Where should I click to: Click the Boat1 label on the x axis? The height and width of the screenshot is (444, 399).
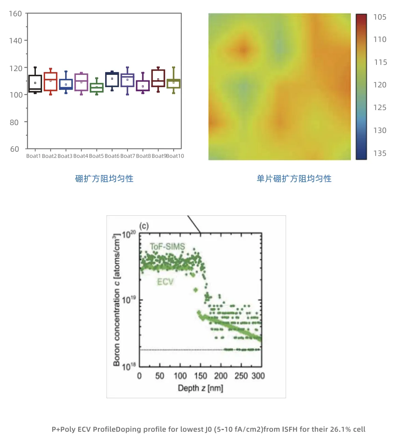coord(33,156)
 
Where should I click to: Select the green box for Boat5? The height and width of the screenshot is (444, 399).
coord(97,88)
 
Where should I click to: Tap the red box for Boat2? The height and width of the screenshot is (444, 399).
coord(51,82)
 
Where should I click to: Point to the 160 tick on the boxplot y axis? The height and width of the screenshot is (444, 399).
coord(15,14)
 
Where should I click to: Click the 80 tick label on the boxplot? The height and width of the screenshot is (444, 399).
coord(14,122)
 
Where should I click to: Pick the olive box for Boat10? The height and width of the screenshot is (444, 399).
coord(173,83)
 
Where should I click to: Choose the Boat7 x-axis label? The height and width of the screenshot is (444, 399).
coord(128,156)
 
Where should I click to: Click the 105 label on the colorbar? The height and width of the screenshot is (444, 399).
coord(380,17)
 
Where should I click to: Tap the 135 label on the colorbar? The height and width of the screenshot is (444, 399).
coord(380,153)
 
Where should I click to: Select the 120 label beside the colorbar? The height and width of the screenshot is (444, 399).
coord(380,85)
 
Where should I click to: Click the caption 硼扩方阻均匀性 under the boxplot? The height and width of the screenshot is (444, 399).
coord(104,179)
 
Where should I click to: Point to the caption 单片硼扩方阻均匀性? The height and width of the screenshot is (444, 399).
coord(294,179)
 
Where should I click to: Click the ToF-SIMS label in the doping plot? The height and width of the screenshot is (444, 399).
coord(168,246)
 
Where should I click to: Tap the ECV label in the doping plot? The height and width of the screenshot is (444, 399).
coord(165,282)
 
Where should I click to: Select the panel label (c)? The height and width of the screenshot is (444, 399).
coord(144,226)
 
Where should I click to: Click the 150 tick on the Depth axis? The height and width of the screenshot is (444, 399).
coord(201,376)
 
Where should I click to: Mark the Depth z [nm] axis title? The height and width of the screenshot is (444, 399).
coord(200,388)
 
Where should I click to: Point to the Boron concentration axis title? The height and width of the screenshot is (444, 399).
coord(117,301)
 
